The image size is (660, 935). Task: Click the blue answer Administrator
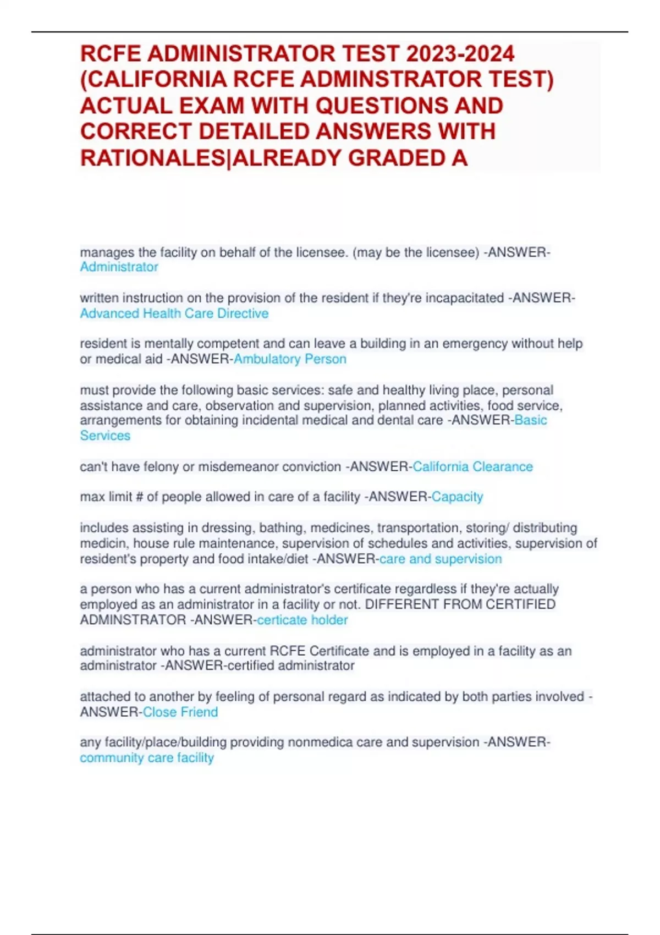[119, 267]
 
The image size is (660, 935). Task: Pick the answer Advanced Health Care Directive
[174, 313]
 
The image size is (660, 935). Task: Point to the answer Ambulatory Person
[290, 359]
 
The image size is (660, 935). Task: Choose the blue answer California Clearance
[472, 467]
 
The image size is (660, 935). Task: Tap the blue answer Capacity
[457, 497]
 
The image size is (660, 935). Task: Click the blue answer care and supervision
[441, 559]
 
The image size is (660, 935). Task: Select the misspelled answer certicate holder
[302, 620]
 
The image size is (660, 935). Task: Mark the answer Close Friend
[180, 712]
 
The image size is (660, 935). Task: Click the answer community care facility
[147, 758]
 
